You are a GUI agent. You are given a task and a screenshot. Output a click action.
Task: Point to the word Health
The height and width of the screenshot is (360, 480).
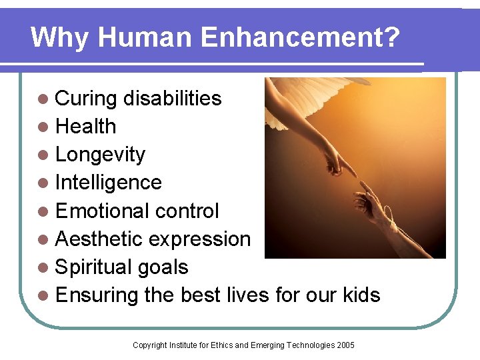point(86,127)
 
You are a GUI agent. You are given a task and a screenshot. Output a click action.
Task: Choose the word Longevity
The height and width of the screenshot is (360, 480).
point(100,155)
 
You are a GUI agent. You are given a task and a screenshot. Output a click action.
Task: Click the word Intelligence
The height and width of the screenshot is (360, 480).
point(109,183)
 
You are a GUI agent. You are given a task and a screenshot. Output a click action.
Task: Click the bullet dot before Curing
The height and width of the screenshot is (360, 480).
point(43,99)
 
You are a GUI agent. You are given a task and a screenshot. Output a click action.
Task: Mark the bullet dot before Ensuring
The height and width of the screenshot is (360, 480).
point(43,295)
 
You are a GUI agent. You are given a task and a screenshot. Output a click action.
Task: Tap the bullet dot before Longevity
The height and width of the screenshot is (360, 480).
point(43,155)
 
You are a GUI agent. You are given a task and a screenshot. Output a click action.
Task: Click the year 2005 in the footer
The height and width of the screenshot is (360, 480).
point(345,345)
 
